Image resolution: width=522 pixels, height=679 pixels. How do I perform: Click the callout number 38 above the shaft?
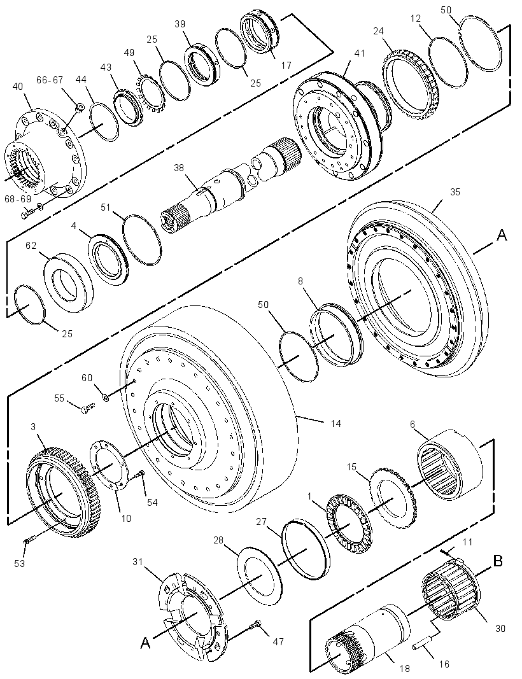click(180, 167)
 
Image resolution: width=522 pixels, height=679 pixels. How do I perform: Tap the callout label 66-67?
click(50, 80)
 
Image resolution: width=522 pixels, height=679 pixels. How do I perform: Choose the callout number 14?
click(335, 423)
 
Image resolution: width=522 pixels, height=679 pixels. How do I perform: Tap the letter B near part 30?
click(498, 561)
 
